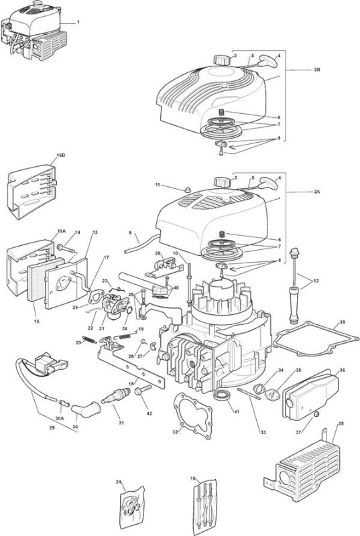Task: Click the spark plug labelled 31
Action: (115, 397)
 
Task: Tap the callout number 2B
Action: (317, 70)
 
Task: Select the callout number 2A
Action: (317, 192)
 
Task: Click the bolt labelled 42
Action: (143, 390)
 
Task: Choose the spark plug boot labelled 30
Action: (87, 408)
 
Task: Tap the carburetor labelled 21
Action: (115, 307)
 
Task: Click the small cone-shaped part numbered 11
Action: (187, 190)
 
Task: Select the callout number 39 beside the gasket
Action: (342, 322)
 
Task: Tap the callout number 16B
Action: (61, 155)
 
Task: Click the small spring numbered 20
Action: (91, 340)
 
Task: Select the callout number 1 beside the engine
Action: (78, 22)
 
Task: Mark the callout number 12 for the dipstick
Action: (316, 281)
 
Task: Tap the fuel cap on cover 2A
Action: (221, 181)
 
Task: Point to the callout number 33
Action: (263, 432)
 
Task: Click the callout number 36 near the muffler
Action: (342, 371)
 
